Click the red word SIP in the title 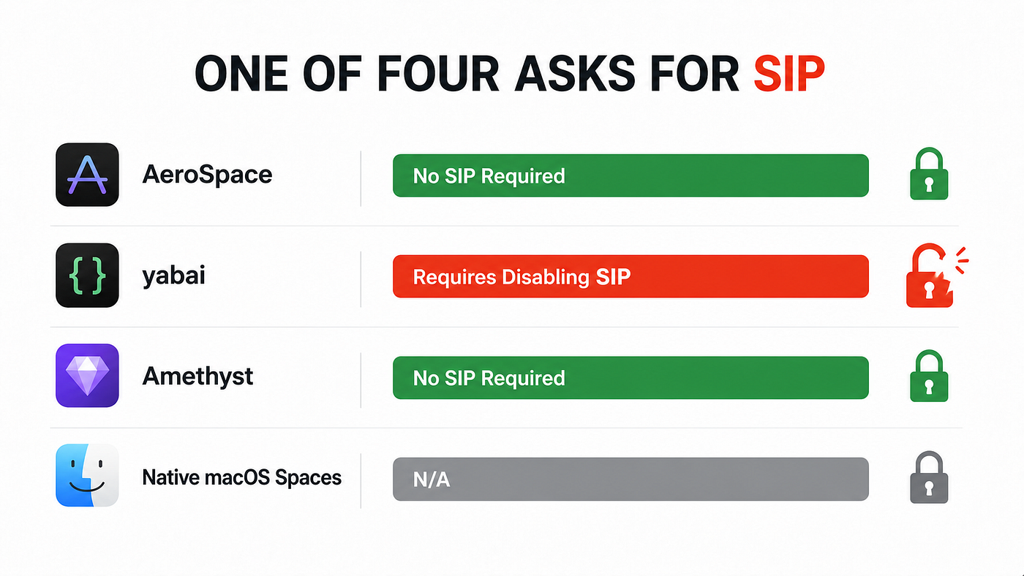[x=789, y=74]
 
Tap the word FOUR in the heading [x=438, y=74]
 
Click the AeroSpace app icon [x=87, y=175]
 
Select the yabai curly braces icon [x=87, y=276]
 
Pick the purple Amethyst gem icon [x=87, y=376]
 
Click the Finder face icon [x=87, y=475]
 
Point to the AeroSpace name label [x=207, y=175]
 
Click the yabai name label [x=174, y=276]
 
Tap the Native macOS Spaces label [x=242, y=478]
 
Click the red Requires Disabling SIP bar [x=630, y=276]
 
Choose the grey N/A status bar [x=630, y=480]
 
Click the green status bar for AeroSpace [x=630, y=175]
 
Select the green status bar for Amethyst [x=630, y=378]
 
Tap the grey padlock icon [x=929, y=477]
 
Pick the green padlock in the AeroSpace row [x=929, y=173]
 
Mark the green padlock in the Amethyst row [x=929, y=376]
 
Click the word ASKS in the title [x=575, y=74]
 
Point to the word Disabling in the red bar [x=546, y=277]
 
